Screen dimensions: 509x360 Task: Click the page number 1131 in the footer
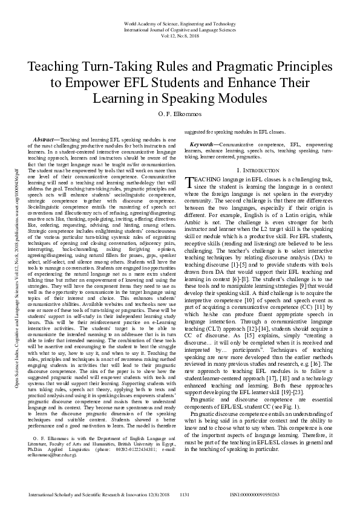pos(186,494)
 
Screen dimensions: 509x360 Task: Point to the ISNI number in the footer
pos(256,494)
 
